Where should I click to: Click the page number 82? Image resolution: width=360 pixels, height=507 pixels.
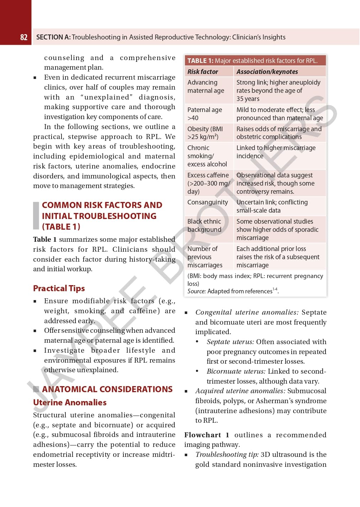coord(24,37)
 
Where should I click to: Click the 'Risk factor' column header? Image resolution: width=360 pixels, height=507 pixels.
coord(202,72)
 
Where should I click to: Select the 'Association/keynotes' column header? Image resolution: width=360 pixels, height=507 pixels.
coord(267,72)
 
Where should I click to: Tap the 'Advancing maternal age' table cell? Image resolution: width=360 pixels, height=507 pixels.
coord(206,86)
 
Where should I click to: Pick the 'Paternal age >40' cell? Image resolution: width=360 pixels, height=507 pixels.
coord(205,114)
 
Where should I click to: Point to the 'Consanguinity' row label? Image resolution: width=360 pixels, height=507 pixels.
coord(207,202)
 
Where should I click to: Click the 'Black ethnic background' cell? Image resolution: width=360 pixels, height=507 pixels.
coord(204,225)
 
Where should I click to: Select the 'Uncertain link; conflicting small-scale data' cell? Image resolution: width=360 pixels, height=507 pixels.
coord(272,206)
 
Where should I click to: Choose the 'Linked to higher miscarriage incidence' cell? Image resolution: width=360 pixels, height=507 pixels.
coord(276,152)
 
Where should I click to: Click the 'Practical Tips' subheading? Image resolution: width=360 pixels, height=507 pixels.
coord(59,288)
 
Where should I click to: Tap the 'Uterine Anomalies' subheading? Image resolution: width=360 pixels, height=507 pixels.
coord(70,402)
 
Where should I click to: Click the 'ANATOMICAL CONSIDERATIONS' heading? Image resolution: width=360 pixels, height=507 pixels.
coord(107,389)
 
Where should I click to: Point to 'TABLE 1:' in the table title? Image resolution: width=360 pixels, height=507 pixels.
coord(200,61)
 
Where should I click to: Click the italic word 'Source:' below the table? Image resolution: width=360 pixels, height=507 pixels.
coord(196,292)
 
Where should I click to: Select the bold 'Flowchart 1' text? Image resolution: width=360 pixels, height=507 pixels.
coord(206,435)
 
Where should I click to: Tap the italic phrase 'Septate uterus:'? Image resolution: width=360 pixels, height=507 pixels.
coord(230,342)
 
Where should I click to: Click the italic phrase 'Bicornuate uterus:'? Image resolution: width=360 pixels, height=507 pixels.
coord(236,371)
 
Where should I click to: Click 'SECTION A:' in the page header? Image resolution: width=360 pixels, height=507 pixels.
coord(53,37)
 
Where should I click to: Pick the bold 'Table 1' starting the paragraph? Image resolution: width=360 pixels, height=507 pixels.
coord(44,240)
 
